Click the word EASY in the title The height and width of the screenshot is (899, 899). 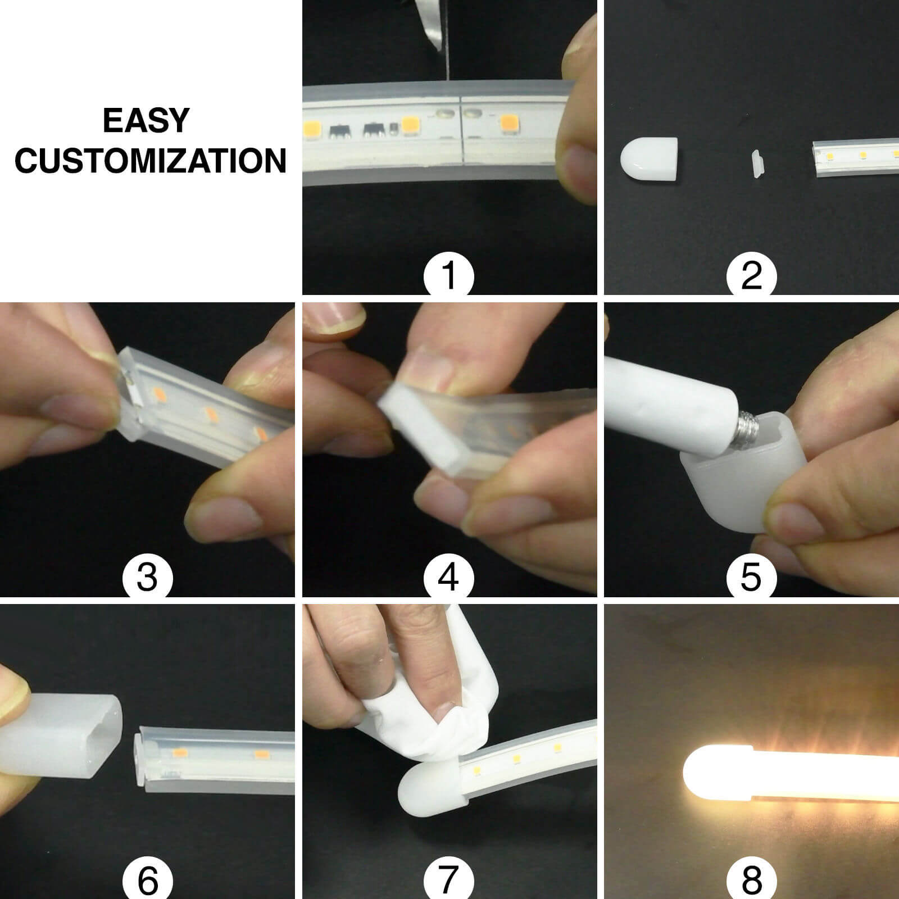(146, 121)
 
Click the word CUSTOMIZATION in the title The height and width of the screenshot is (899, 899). (151, 161)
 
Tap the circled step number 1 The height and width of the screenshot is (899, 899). (448, 275)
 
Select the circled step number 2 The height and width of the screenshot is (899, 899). (751, 275)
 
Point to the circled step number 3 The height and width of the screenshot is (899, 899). (147, 577)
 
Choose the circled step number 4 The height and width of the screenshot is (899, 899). (448, 577)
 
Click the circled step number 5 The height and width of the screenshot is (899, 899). (751, 577)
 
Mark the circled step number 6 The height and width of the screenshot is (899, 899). (147, 879)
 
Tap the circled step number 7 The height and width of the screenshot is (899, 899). (448, 879)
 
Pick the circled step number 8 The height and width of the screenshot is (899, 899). (751, 879)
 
